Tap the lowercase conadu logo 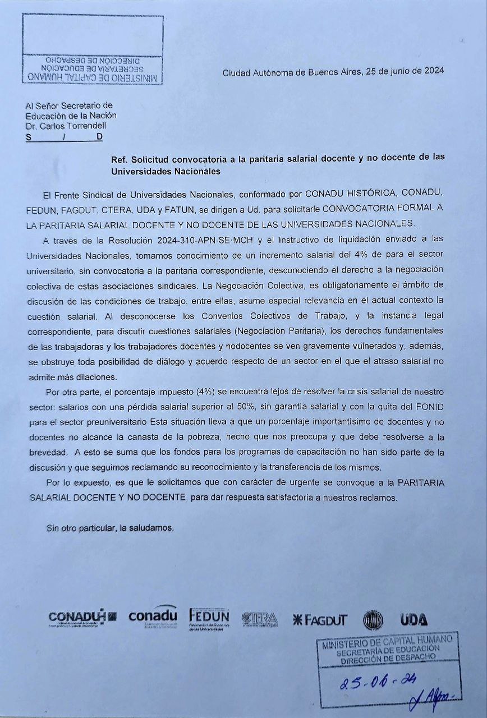[x=153, y=616]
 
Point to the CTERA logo [x=260, y=619]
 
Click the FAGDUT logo [x=320, y=620]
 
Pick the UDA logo [x=414, y=620]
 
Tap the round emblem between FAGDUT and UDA [x=373, y=620]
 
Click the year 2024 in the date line [x=433, y=71]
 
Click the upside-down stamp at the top [x=93, y=67]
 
